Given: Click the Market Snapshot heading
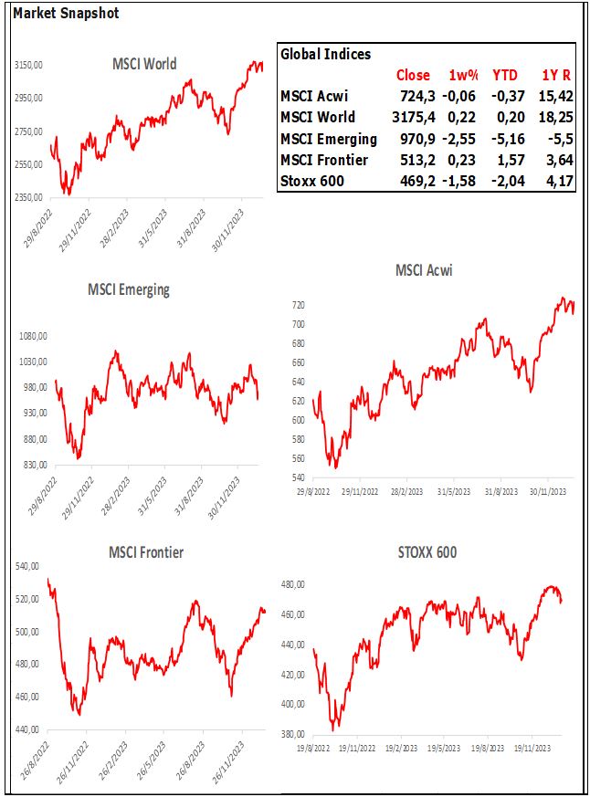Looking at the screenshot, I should pyautogui.click(x=66, y=14).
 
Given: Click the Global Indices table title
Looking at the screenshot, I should pyautogui.click(x=325, y=54).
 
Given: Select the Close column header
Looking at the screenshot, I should pyautogui.click(x=413, y=75).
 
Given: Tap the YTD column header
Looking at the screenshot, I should pyautogui.click(x=505, y=75).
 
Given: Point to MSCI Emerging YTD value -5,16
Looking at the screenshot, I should pyautogui.click(x=506, y=139).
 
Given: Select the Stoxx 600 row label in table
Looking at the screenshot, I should pyautogui.click(x=312, y=182).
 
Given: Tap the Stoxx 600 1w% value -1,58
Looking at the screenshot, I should pyautogui.click(x=463, y=182).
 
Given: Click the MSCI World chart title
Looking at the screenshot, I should pyautogui.click(x=144, y=64).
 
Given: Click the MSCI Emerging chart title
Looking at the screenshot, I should pyautogui.click(x=129, y=289).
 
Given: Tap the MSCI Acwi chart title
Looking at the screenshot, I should pyautogui.click(x=424, y=270).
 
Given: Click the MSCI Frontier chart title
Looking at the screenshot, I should pyautogui.click(x=146, y=552).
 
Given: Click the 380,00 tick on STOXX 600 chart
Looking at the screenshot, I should pyautogui.click(x=293, y=734).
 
